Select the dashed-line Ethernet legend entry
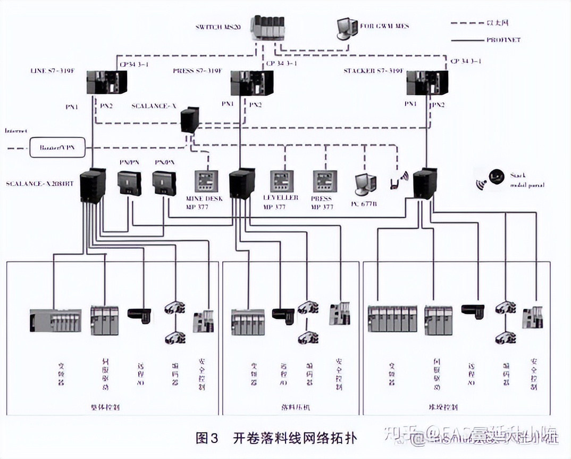pos(465,23)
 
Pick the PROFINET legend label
pos(503,39)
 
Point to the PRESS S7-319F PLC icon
pos(251,84)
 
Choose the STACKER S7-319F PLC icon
pos(427,84)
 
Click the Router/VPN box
pos(57,147)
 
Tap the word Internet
pos(16,130)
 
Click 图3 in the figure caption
pos(207,438)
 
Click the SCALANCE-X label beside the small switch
pos(154,106)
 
